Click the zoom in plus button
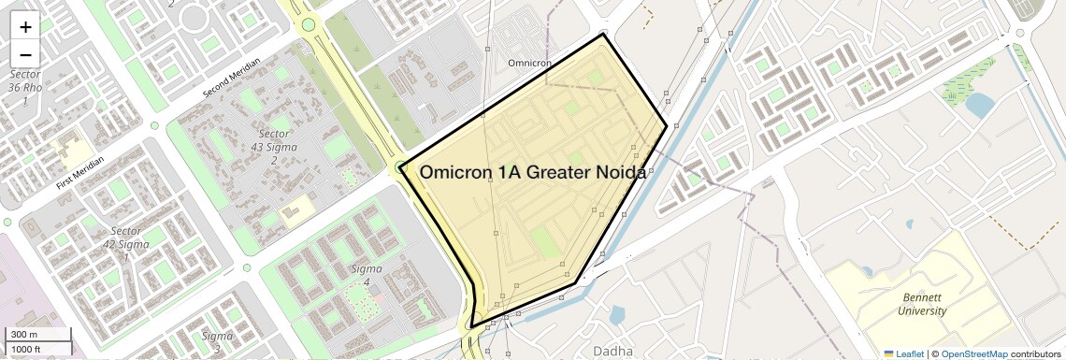tap(25, 27)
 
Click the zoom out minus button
tap(25, 54)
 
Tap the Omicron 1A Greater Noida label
tap(532, 172)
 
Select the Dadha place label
tap(612, 351)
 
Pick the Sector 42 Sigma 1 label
tap(125, 244)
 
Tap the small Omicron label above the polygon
tap(529, 64)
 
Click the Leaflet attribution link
tap(903, 354)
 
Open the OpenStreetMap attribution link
tap(973, 354)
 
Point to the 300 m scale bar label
tap(24, 335)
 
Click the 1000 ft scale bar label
tap(27, 349)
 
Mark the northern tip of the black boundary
tap(603, 35)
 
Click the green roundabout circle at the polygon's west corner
tap(401, 167)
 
